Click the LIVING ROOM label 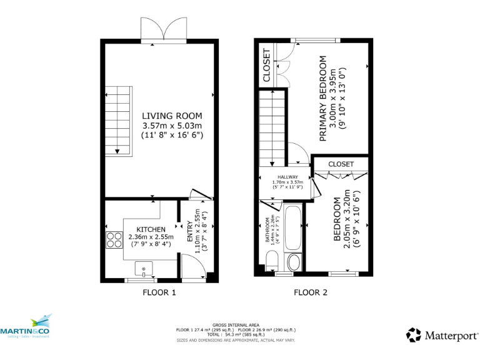coord(172,116)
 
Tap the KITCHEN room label coord(151,229)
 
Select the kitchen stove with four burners coord(114,240)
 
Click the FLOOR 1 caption coord(159,292)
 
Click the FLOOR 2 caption coord(310,292)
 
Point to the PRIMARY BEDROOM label coord(323,98)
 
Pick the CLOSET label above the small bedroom coord(341,164)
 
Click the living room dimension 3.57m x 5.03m coord(172,125)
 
